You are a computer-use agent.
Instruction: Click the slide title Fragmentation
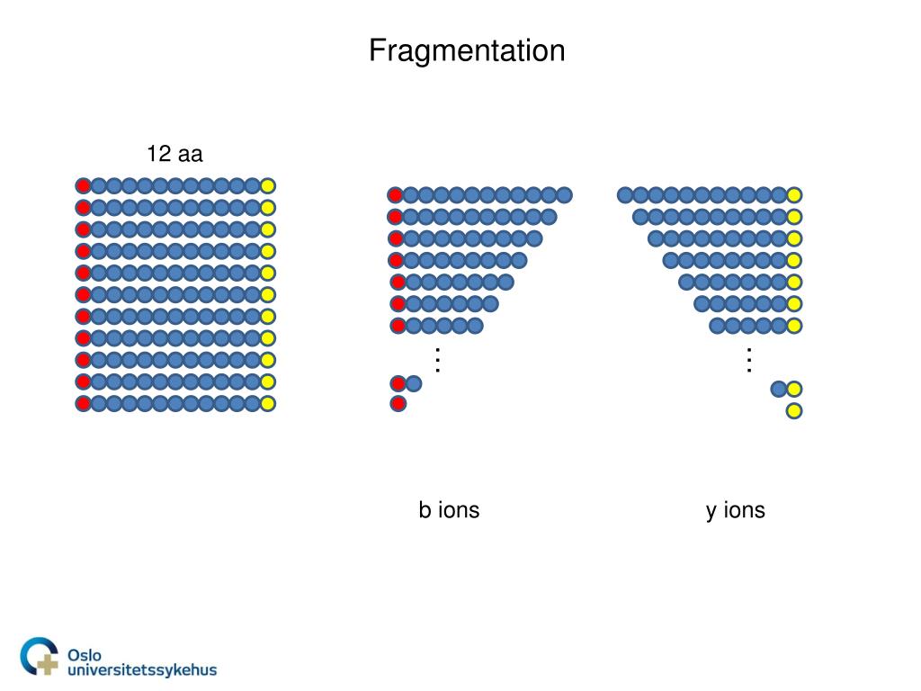coord(467,50)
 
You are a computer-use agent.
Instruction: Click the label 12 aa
coord(175,154)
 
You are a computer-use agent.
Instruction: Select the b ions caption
coord(449,511)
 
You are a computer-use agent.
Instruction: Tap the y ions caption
coord(735,511)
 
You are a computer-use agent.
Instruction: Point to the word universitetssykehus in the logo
coord(142,669)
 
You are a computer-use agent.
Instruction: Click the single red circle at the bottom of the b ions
coord(398,403)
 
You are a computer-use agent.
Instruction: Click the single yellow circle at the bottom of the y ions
coord(794,411)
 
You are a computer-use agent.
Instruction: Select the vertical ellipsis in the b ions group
coord(438,359)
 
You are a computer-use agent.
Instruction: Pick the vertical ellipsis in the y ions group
coord(748,360)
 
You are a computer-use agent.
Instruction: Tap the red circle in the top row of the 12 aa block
coord(83,186)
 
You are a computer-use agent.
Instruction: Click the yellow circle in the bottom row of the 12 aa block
coord(268,403)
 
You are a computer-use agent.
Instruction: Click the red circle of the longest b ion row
coord(395,195)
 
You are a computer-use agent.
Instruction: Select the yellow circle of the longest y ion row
coord(794,195)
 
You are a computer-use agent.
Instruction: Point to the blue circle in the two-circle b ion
coord(414,383)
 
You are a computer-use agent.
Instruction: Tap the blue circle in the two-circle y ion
coord(779,389)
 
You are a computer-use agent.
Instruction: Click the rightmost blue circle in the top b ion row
coord(564,195)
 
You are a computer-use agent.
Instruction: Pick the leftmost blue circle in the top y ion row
coord(625,195)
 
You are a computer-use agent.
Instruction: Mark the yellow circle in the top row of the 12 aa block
coord(268,186)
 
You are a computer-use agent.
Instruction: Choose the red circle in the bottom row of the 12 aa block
coord(83,403)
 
